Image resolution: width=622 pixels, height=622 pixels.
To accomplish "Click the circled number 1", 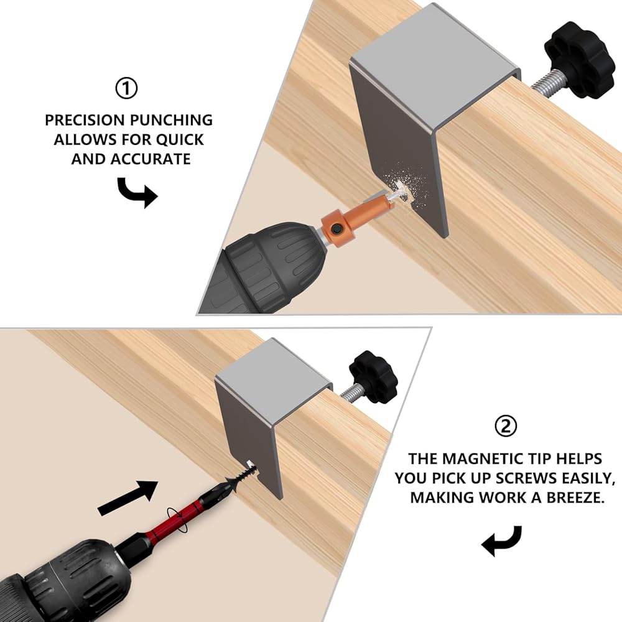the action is tap(126, 88).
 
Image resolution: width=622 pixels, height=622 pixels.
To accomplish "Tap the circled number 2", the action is tap(506, 426).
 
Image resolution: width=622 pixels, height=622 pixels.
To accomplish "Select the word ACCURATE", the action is tap(151, 159).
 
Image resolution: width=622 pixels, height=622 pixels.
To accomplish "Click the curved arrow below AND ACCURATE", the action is tap(137, 192).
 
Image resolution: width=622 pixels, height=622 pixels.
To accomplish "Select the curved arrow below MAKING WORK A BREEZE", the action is tap(501, 541).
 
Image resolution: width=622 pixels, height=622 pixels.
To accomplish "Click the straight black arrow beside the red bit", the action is tap(128, 498).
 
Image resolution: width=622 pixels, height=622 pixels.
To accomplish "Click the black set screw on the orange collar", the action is tap(337, 228).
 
